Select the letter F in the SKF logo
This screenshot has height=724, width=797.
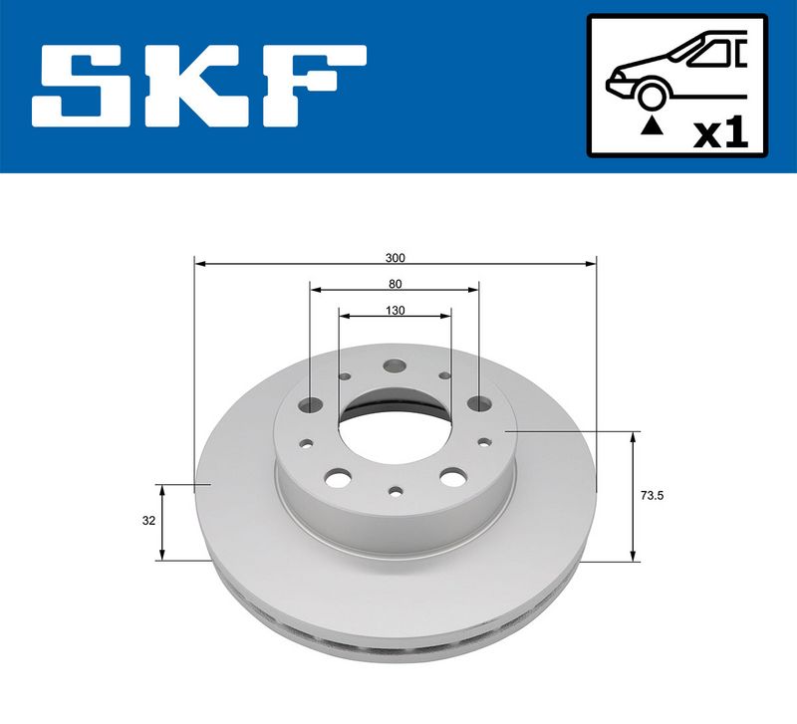311,87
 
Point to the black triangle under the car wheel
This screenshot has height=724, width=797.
652,124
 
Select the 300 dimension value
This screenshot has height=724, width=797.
396,257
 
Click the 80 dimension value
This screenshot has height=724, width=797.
396,283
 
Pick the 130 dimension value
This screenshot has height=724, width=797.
396,310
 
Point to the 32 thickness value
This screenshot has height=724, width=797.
148,519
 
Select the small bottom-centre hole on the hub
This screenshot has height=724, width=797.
397,491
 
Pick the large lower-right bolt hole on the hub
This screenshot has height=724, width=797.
452,479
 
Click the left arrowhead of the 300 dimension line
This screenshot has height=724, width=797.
199,264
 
